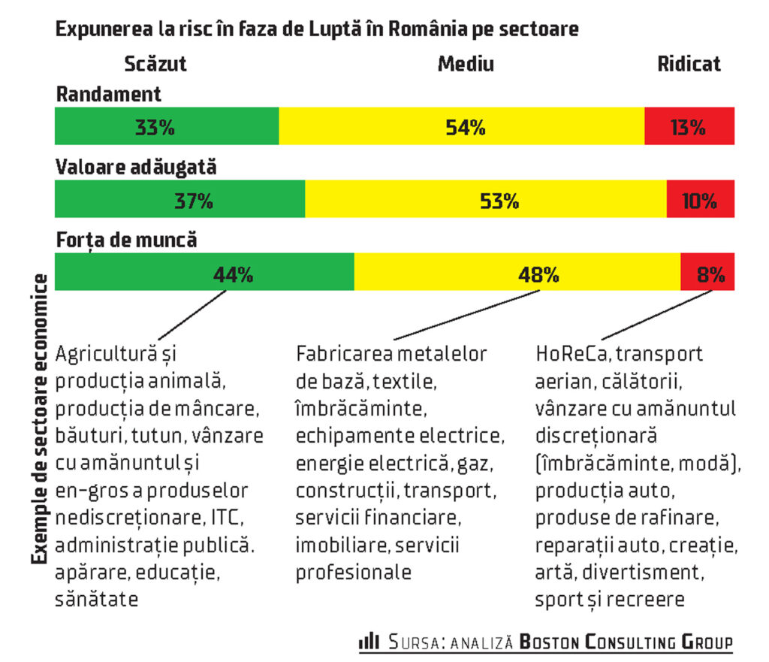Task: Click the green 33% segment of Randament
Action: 167,126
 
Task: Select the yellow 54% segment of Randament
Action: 461,126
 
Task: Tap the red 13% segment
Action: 689,126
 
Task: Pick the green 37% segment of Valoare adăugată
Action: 180,200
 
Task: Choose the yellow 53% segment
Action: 485,200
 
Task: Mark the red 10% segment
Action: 700,200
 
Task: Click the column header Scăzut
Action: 155,64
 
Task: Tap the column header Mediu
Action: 466,64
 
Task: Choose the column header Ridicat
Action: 689,64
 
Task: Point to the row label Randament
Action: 108,94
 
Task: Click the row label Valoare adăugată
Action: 136,167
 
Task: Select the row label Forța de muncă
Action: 126,240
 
